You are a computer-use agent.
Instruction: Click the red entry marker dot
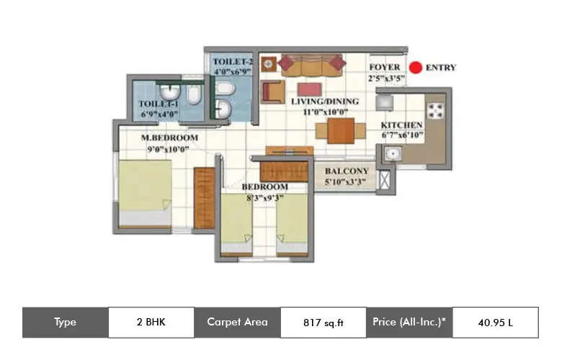(415, 68)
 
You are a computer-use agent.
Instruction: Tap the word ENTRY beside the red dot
(441, 68)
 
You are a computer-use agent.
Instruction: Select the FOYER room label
(384, 67)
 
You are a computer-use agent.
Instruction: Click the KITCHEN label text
(401, 125)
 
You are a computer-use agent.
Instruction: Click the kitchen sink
(392, 153)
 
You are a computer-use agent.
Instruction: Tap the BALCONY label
(346, 171)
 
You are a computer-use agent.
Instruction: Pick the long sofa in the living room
(312, 65)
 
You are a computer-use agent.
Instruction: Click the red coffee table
(309, 89)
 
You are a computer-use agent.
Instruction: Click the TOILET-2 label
(233, 62)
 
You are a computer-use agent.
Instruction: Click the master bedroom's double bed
(145, 193)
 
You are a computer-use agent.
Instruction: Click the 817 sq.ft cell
(322, 323)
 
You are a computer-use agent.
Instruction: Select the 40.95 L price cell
(495, 323)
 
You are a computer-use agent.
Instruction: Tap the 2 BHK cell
(151, 323)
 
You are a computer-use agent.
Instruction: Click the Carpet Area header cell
(237, 323)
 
